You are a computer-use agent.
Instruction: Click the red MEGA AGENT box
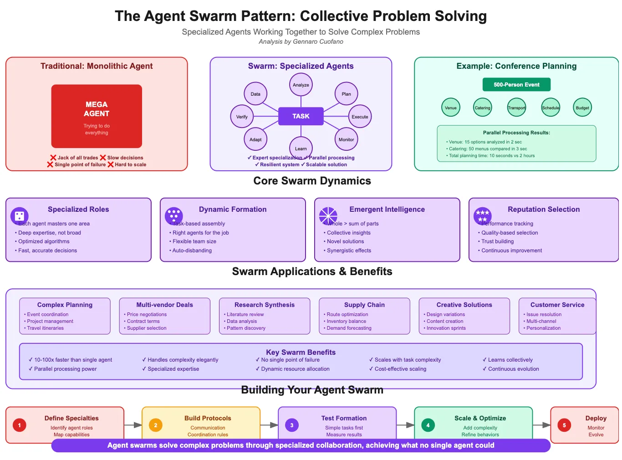pos(97,116)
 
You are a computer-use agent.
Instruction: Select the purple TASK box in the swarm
pos(301,116)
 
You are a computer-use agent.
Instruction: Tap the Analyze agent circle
pos(301,85)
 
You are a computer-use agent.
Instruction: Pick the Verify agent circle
pos(242,117)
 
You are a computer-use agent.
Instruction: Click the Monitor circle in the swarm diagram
pos(346,139)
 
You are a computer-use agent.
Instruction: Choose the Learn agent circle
pos(301,148)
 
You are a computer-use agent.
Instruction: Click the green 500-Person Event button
pos(516,85)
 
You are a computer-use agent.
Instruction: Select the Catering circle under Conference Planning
pos(482,108)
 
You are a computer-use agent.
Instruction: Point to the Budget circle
pos(582,108)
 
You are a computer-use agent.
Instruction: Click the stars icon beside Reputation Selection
pos(482,216)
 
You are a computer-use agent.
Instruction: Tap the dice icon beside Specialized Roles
pos(19,216)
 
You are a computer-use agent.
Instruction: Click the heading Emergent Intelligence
pos(387,210)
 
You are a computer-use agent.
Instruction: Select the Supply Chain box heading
pos(364,305)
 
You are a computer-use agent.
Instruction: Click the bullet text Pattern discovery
pos(246,328)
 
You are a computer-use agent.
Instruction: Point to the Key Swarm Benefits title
pos(301,352)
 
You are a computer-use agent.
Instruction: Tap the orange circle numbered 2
pos(155,425)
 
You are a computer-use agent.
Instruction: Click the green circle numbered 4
pos(428,425)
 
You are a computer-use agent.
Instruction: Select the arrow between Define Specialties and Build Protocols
pos(133,425)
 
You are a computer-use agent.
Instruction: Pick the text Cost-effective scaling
pos(400,369)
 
